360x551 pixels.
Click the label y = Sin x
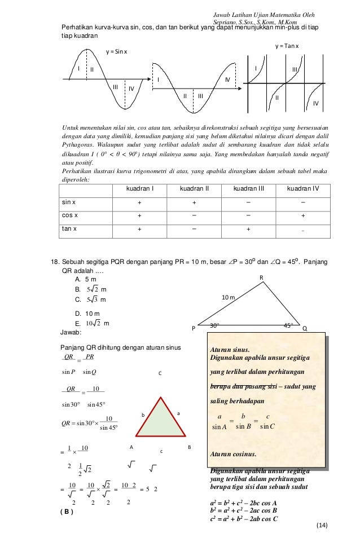(x=117, y=52)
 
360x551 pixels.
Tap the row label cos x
(x=70, y=215)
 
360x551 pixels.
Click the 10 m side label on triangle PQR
(x=227, y=297)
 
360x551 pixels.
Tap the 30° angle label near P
(x=214, y=325)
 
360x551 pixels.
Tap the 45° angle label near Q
(x=288, y=325)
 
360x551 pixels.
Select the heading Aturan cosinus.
(x=232, y=453)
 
